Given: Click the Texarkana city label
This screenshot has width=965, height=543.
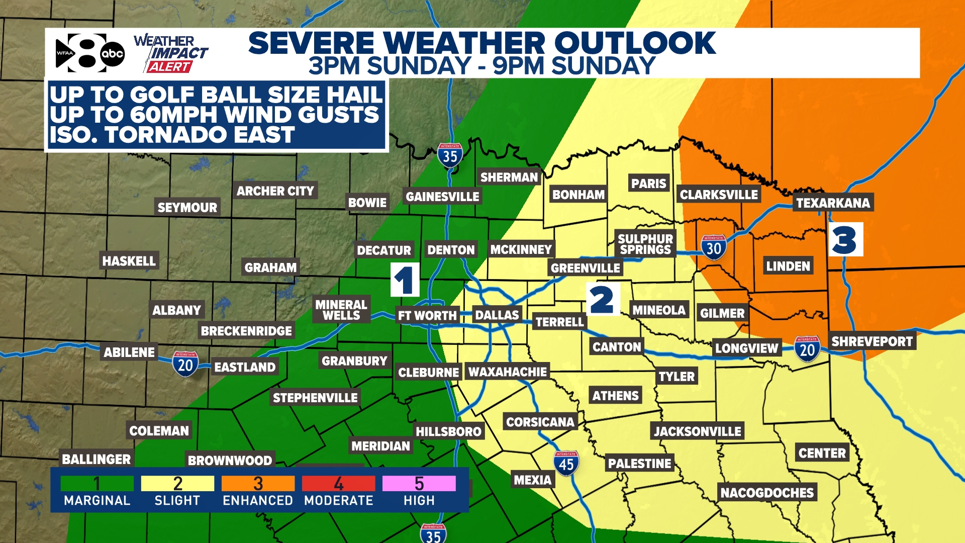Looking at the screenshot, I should point(833,203).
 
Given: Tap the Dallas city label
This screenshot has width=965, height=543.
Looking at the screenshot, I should point(497,315).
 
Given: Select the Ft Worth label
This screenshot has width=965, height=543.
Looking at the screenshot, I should point(427,316).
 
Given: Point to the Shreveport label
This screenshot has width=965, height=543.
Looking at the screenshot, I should point(872,341).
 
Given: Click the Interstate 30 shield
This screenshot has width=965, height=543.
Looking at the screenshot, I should point(714,247).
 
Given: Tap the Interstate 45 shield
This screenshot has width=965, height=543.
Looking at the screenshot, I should point(566,463).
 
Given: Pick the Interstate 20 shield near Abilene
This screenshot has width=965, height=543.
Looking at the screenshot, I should point(185,364).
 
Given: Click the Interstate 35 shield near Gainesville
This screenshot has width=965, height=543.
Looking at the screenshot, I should point(450,156).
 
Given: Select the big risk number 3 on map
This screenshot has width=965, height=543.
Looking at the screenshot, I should point(845,240).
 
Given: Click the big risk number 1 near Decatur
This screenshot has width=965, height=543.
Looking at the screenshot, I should point(405,280).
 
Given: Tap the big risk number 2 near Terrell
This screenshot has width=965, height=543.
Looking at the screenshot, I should point(602,300).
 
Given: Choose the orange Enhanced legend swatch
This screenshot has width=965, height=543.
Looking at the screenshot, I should point(258,484).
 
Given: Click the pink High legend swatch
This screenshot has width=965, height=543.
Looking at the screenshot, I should point(419,484).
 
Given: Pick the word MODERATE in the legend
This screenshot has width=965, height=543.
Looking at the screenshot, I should point(338,501).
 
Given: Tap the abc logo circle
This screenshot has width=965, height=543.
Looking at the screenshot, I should point(112,54).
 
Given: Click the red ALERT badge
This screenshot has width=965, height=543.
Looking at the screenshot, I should point(169,67).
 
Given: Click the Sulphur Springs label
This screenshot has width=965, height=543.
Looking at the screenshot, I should point(645,244).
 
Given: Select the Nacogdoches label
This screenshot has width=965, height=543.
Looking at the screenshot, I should point(767,493).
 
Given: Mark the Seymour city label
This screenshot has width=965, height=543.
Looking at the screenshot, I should point(187,207).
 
